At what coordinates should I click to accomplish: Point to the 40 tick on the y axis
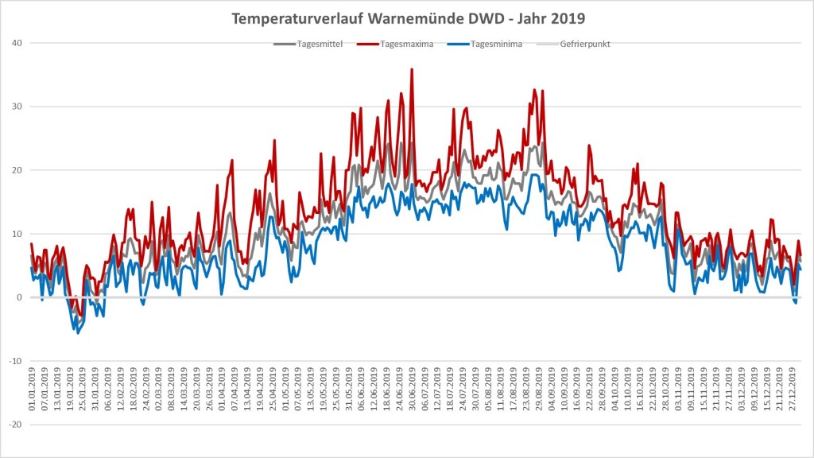coord(17,43)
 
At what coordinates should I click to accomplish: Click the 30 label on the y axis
coord(17,107)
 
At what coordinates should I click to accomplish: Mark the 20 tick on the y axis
coord(17,170)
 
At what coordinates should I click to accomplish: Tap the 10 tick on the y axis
coord(17,234)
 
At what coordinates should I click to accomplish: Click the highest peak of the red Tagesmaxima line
coord(412,69)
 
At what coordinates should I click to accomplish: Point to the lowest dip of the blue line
coord(78,332)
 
